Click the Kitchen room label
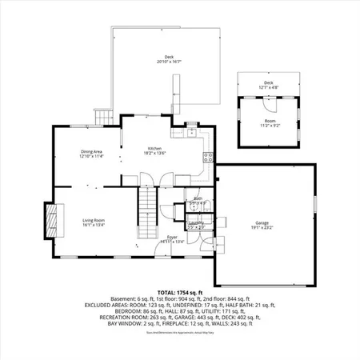pos(155,148)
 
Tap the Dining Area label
pos(90,151)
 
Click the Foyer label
pos(171,237)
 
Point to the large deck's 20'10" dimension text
pos(169,62)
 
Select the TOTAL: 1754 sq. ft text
pos(180,294)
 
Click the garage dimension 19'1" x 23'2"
pos(261,227)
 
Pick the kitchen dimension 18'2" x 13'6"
pos(155,153)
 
